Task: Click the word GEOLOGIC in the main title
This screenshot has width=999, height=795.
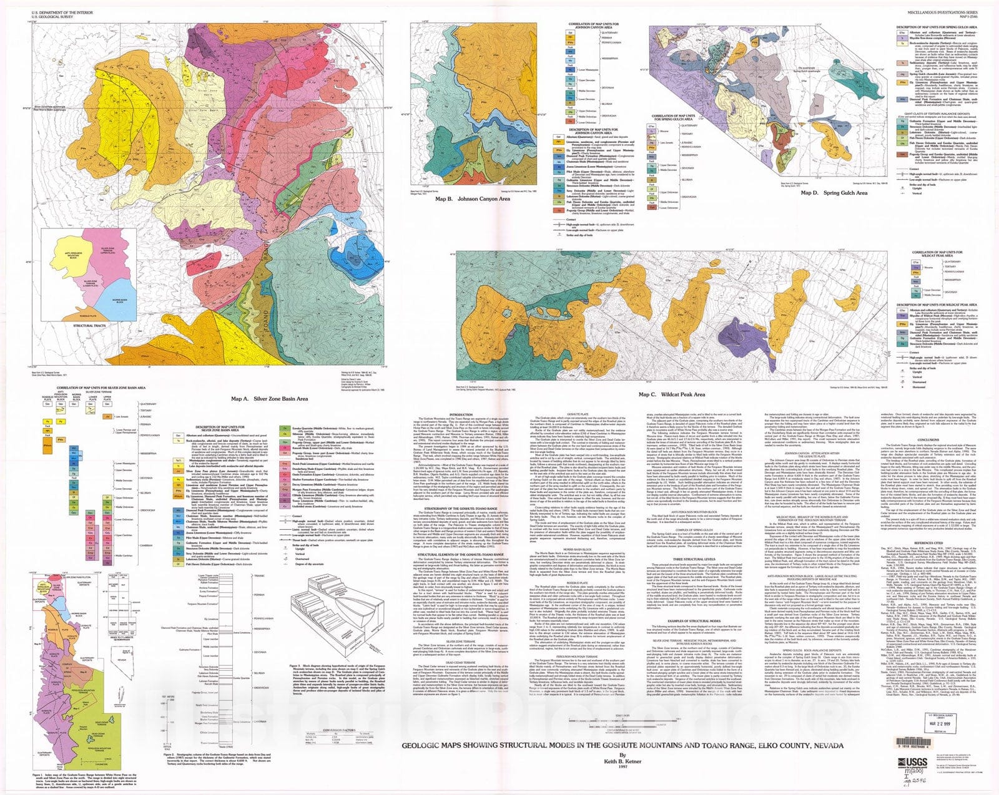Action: pos(418,763)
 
